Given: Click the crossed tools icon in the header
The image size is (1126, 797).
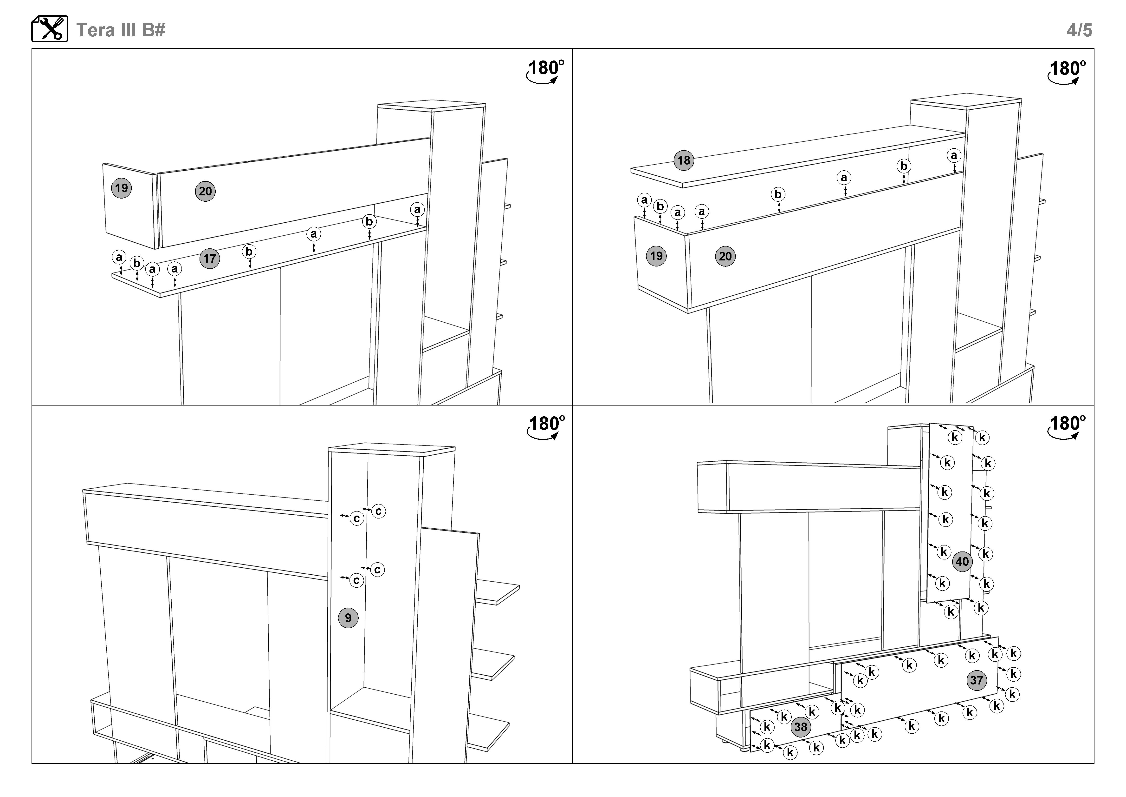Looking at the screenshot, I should pyautogui.click(x=50, y=29).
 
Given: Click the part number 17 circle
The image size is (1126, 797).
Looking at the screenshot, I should pyautogui.click(x=209, y=259).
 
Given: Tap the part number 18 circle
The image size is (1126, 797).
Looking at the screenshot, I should pyautogui.click(x=684, y=160).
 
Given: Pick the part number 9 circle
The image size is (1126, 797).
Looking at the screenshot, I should pyautogui.click(x=348, y=617).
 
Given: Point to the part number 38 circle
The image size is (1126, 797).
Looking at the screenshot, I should pyautogui.click(x=800, y=727).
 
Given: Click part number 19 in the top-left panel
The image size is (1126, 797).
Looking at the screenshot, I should pyautogui.click(x=121, y=188).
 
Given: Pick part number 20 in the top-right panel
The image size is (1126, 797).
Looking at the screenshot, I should pyautogui.click(x=725, y=256).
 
